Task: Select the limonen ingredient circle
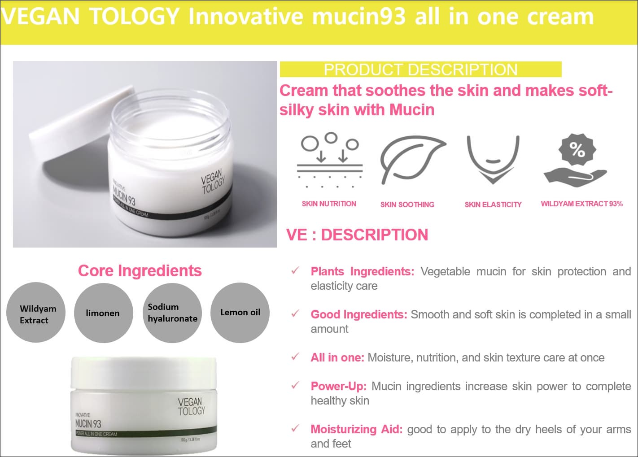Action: pos(103,313)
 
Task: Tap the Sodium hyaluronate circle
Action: pos(172,313)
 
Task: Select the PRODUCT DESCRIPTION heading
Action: pos(420,70)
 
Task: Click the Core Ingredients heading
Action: pos(140,271)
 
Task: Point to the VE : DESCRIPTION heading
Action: pos(357,235)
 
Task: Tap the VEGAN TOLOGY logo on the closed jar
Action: pos(191,406)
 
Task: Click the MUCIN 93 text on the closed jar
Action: pos(88,423)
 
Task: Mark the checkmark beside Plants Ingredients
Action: pos(295,271)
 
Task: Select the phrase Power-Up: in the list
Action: pos(339,386)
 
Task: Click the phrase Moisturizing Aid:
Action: pos(357,429)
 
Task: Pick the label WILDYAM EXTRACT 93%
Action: pos(581,204)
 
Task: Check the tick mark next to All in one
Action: pos(295,357)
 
